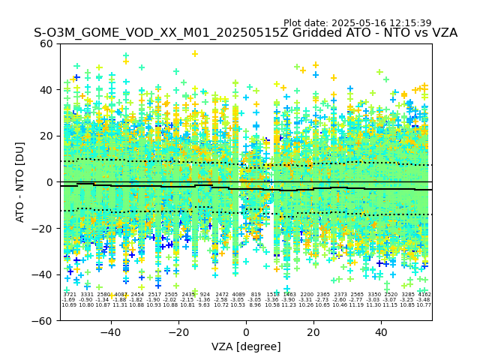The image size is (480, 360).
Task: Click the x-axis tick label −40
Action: (x=110, y=333)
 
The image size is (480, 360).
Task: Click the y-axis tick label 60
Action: (x=46, y=43)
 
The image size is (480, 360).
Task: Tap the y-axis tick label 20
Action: (x=46, y=136)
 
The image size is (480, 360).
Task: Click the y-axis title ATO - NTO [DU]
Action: (x=21, y=181)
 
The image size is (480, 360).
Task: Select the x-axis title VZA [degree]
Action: (x=246, y=346)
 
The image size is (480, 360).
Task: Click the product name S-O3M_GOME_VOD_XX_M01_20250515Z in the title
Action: (x=139, y=33)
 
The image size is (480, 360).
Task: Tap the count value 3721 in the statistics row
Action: (x=70, y=295)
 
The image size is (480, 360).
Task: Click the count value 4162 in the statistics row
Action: (x=424, y=295)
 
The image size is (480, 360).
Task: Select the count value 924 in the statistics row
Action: (x=205, y=295)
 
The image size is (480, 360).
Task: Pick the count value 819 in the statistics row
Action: (x=256, y=295)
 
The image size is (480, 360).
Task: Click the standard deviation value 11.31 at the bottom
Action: (x=120, y=305)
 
